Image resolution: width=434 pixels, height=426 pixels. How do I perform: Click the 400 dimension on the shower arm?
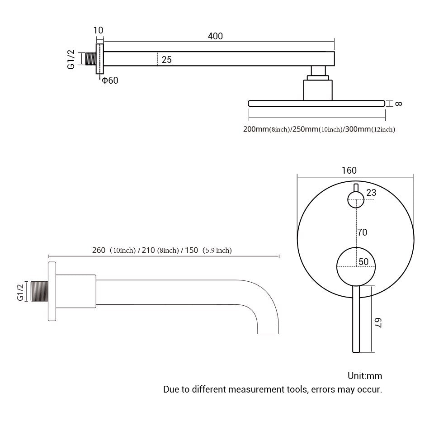pyautogui.click(x=215, y=36)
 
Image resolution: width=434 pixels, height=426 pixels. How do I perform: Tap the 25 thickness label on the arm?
pyautogui.click(x=166, y=59)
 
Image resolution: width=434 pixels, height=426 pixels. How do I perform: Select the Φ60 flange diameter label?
pyautogui.click(x=110, y=81)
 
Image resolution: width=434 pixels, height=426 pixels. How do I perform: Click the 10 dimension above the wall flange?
pyautogui.click(x=98, y=30)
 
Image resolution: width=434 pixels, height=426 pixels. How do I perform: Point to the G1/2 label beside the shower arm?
pyautogui.click(x=71, y=60)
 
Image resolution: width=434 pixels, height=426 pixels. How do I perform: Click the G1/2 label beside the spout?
pyautogui.click(x=20, y=292)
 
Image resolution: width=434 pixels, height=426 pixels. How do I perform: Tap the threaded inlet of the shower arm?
pyautogui.click(x=90, y=59)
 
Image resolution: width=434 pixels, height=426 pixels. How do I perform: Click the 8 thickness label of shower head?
pyautogui.click(x=398, y=103)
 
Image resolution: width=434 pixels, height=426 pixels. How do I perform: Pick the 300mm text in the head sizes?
pyautogui.click(x=358, y=129)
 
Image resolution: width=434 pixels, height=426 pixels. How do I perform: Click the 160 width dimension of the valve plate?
pyautogui.click(x=349, y=170)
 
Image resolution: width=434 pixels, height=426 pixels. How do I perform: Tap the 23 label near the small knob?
pyautogui.click(x=371, y=193)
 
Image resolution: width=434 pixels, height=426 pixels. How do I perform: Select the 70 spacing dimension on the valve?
pyautogui.click(x=362, y=232)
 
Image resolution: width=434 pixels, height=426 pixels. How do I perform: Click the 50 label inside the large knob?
pyautogui.click(x=363, y=261)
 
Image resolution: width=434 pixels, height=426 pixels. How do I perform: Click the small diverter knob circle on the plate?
pyautogui.click(x=355, y=199)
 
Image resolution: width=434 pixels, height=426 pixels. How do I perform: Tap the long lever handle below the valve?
pyautogui.click(x=356, y=321)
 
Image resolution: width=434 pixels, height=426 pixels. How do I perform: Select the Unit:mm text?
pyautogui.click(x=365, y=376)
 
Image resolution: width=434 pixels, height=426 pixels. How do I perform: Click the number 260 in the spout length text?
pyautogui.click(x=99, y=250)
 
